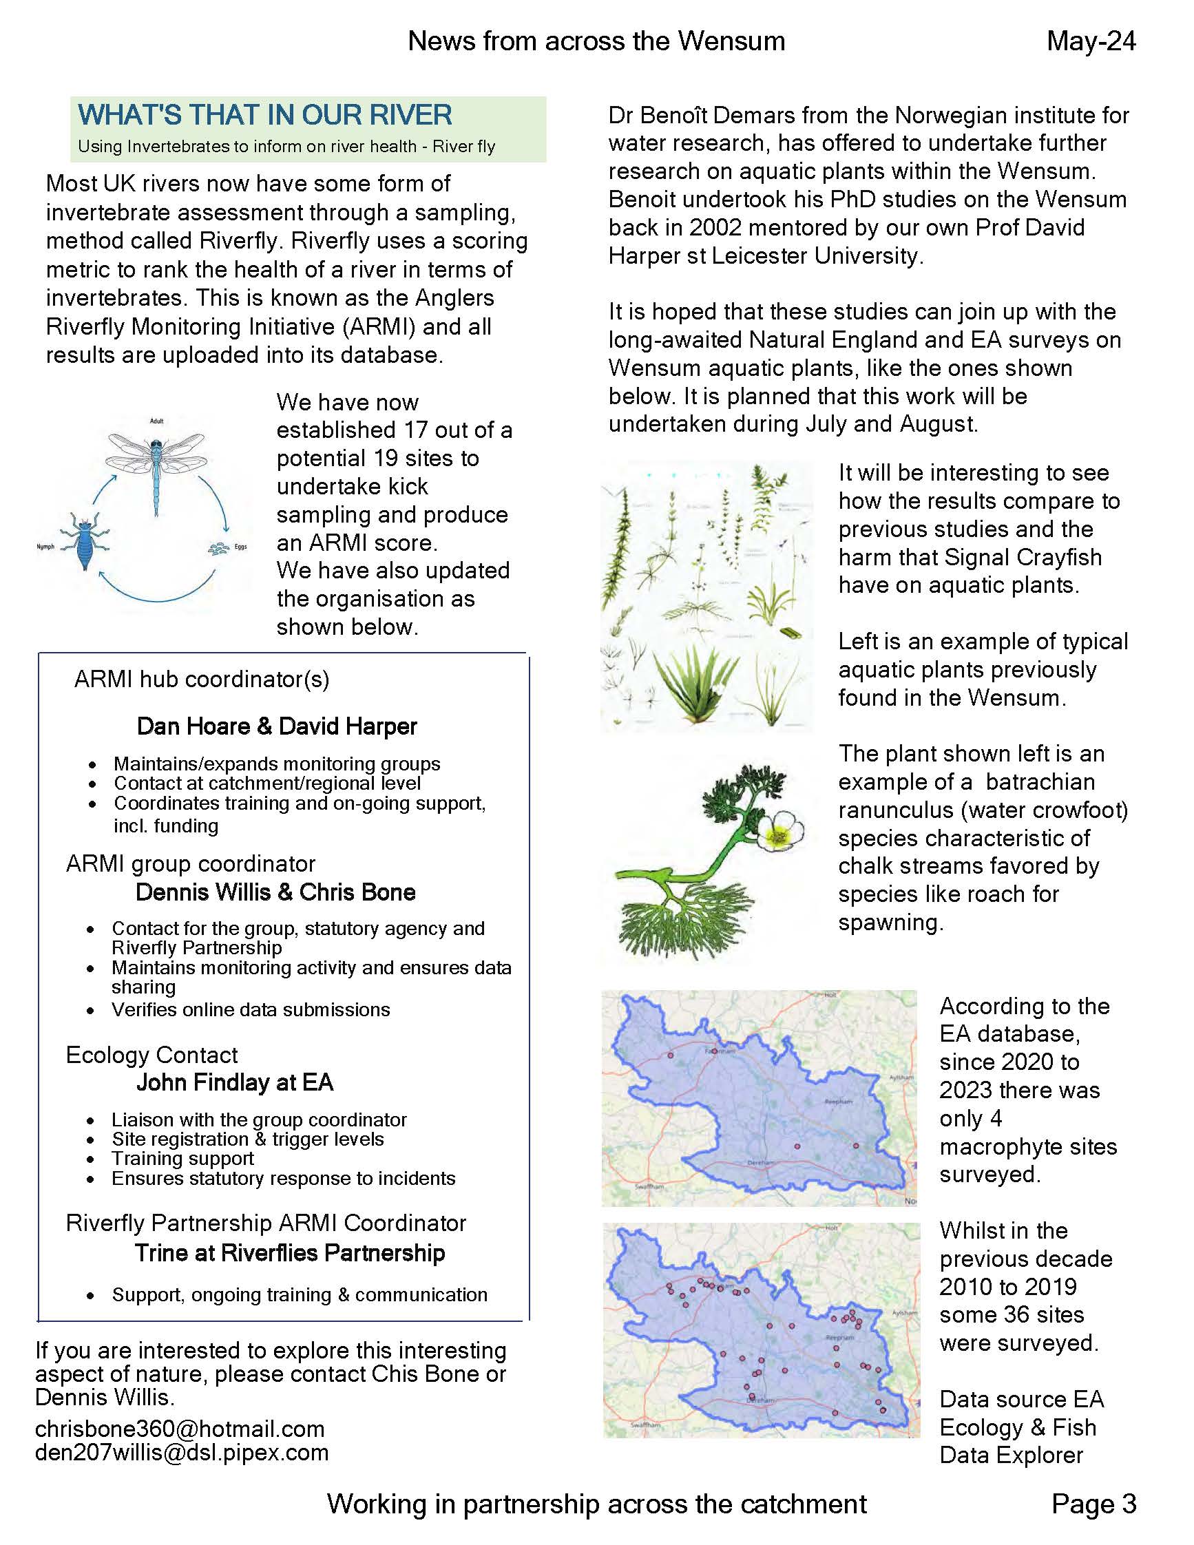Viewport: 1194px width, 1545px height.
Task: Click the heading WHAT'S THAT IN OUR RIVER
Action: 264,114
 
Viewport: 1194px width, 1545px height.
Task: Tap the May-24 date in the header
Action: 1091,41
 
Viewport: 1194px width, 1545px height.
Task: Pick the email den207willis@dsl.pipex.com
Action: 182,1452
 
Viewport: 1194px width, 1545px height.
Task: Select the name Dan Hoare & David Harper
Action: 277,726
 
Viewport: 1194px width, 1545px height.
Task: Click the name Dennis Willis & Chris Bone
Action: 275,892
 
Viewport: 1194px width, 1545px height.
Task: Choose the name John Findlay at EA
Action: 235,1082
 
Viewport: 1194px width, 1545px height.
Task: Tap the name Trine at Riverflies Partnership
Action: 289,1253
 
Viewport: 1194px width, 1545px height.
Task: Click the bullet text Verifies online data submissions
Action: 251,1009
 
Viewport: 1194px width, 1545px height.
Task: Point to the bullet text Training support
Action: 182,1159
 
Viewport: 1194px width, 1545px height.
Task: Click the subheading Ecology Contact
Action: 151,1055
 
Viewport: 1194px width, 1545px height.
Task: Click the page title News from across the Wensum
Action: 596,41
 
